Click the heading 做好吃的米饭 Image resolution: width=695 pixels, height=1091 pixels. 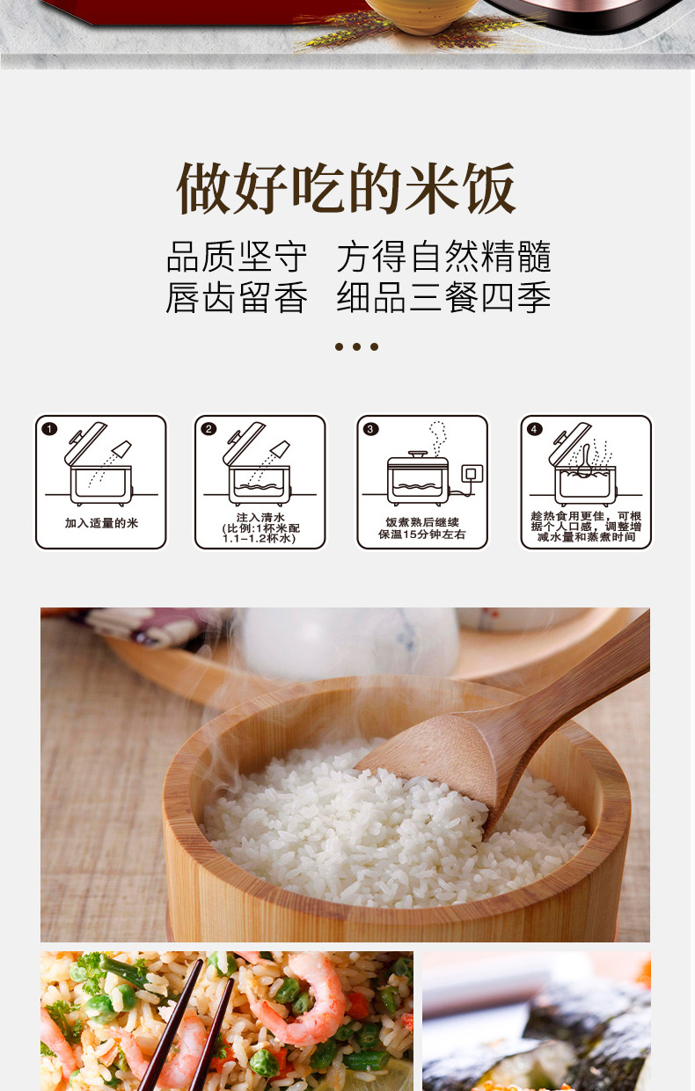tap(346, 188)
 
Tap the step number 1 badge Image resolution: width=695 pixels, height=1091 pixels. tap(49, 429)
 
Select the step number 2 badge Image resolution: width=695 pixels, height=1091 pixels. tap(208, 429)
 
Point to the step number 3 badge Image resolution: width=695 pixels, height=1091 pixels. tap(370, 429)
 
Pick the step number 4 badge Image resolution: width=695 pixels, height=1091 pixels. tap(534, 429)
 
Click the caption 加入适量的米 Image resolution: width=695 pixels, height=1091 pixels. tap(101, 523)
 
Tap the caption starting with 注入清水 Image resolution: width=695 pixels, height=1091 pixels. tap(260, 528)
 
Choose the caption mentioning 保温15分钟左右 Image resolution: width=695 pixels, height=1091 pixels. tap(422, 528)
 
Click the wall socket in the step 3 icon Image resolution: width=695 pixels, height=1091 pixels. tap(472, 474)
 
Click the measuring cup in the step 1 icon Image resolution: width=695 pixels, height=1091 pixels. tap(121, 448)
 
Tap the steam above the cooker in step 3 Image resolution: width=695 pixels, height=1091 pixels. tap(437, 436)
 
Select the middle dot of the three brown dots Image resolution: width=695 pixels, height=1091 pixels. tap(357, 346)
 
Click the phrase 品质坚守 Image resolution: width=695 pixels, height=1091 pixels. tap(237, 256)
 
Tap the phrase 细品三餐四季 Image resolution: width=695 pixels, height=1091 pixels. tap(443, 296)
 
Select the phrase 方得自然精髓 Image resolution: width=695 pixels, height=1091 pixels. tap(443, 256)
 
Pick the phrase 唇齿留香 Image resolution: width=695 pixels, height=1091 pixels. tap(237, 296)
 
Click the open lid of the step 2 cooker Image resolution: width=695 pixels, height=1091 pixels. tap(245, 442)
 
